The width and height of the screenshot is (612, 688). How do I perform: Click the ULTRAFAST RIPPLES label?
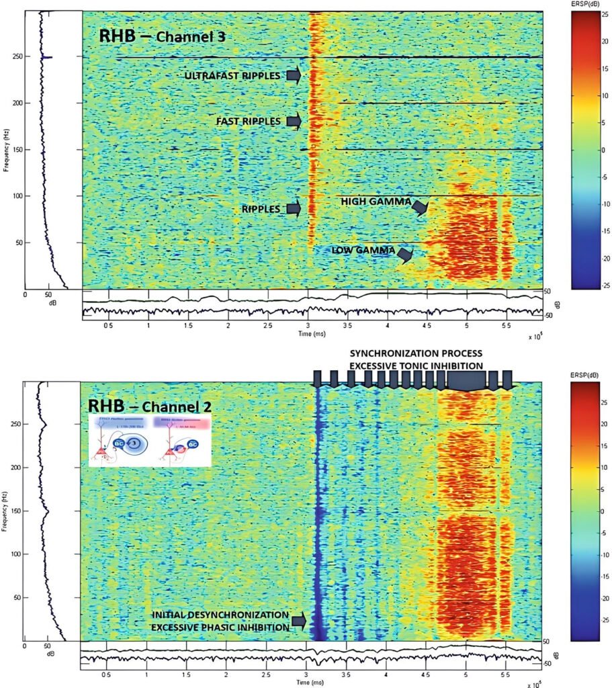pyautogui.click(x=232, y=76)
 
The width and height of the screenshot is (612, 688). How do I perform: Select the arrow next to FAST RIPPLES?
pyautogui.click(x=293, y=122)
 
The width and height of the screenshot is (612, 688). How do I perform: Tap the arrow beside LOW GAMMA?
pyautogui.click(x=405, y=253)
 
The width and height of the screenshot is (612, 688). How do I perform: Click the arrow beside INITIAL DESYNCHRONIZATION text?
pyautogui.click(x=299, y=621)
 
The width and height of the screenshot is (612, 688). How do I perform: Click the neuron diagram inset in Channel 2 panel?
pyautogui.click(x=150, y=440)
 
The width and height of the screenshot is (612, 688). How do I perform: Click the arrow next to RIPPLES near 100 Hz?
pyautogui.click(x=293, y=209)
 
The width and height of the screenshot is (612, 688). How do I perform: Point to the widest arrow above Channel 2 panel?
pyautogui.click(x=467, y=382)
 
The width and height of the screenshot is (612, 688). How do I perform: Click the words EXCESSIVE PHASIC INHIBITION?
pyautogui.click(x=220, y=627)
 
